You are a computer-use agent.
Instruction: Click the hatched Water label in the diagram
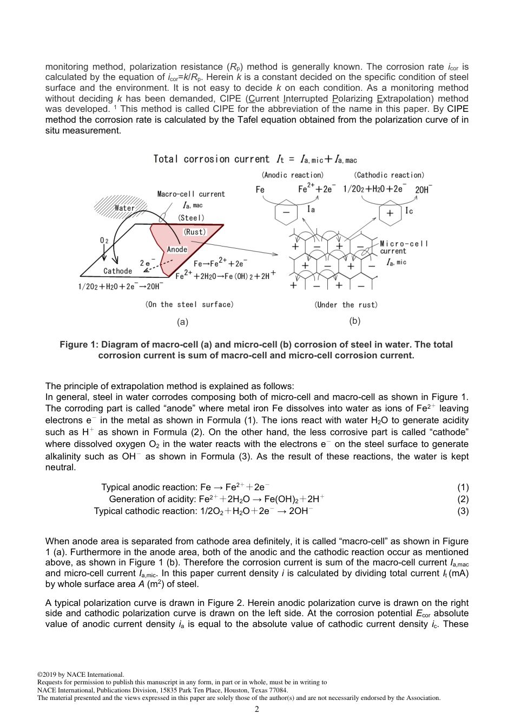click(124, 208)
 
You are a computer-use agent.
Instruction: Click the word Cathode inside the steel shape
click(117, 271)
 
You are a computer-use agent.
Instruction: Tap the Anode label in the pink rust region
click(177, 249)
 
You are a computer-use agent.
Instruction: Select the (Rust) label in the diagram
click(195, 231)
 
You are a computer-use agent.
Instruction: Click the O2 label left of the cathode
click(104, 239)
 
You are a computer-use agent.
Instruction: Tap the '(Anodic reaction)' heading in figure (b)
click(293, 175)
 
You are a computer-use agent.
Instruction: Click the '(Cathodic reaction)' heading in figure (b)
click(389, 175)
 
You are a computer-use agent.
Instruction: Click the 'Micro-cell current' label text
click(404, 248)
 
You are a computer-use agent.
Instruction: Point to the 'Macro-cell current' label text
click(191, 194)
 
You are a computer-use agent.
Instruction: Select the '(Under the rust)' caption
click(346, 305)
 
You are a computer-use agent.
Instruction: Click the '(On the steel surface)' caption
click(189, 305)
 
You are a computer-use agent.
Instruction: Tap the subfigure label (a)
click(183, 322)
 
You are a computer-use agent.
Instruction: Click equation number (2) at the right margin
click(463, 499)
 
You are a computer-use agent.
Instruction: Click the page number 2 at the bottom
click(256, 709)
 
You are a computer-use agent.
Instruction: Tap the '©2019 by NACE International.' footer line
click(80, 675)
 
